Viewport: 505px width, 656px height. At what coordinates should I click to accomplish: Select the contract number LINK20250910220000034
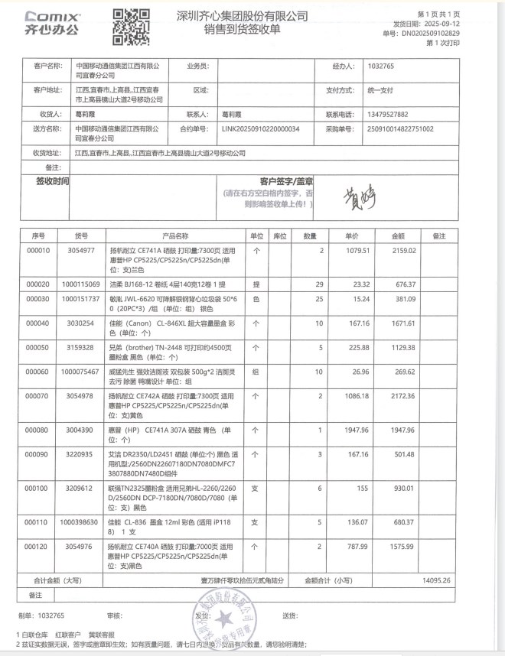pos(260,129)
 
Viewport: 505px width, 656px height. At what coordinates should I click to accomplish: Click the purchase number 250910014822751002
pos(401,129)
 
